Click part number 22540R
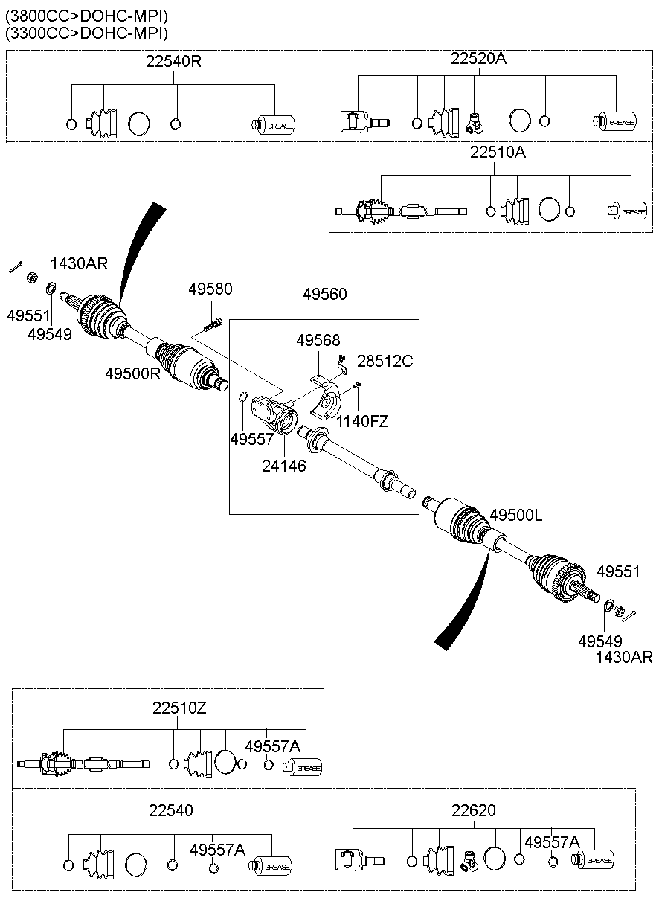point(173,61)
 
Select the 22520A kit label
point(478,59)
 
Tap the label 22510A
point(498,153)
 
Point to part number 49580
point(210,289)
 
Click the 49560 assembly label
point(324,295)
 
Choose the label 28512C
point(385,362)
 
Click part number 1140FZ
point(362,421)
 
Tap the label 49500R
point(132,373)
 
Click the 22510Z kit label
point(179,708)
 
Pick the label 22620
point(473,809)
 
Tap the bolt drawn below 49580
point(212,324)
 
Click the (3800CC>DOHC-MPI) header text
point(86,16)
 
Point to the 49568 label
point(318,341)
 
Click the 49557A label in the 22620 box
point(551,842)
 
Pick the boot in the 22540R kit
point(103,124)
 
